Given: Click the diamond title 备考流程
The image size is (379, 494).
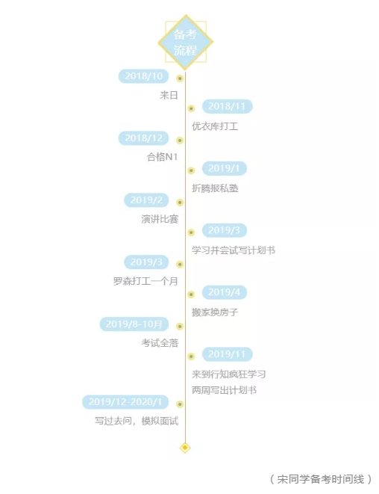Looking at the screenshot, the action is [185, 42].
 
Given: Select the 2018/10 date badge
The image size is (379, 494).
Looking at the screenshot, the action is [143, 76].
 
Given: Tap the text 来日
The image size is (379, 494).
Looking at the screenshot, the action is [169, 95].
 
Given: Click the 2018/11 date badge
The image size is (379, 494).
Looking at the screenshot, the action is [227, 106].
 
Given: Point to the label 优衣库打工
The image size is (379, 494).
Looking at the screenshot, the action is [215, 126].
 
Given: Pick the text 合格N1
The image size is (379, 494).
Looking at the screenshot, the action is [163, 157].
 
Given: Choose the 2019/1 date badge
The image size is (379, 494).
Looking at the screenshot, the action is [225, 169].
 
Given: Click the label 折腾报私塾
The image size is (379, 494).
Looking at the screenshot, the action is [215, 188].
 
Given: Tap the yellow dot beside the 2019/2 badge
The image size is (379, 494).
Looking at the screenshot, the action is [180, 203].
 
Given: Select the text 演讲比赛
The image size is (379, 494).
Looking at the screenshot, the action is [160, 219].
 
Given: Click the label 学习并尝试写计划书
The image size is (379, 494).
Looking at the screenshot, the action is [234, 250].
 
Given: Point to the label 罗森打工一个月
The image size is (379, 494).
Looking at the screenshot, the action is [145, 281].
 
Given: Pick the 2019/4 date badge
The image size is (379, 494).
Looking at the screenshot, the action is [225, 292].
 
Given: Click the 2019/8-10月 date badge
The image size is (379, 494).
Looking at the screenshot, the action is [134, 324].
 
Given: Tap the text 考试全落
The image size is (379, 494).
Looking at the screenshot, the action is [160, 343].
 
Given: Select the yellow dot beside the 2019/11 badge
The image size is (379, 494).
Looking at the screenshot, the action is [191, 356].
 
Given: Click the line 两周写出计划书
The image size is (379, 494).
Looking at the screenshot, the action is [224, 390].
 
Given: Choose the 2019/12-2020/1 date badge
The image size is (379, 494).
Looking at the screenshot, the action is [125, 402].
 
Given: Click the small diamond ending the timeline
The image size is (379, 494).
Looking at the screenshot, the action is [185, 448].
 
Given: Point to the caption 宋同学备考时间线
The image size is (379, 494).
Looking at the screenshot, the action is [321, 480].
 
